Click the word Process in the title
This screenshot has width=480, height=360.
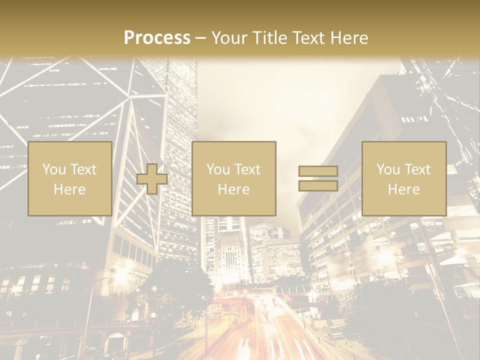coord(157,38)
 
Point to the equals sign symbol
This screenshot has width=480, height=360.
coord(318,178)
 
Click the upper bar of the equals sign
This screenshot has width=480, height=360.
coord(318,171)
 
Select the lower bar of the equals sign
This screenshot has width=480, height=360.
coord(318,186)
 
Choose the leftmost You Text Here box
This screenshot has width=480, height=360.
coord(69,178)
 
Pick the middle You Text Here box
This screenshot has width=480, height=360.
coord(233,178)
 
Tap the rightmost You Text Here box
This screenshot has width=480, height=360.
coord(403,178)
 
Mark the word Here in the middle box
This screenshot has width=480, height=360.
coord(233,189)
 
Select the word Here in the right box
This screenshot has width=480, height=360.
coord(403,189)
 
